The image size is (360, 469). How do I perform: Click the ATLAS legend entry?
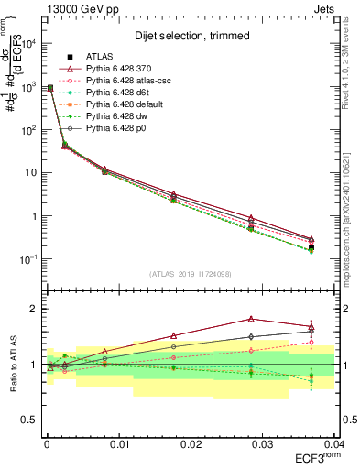pyautogui.click(x=100, y=55)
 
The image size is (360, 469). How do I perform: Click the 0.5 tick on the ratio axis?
pyautogui.click(x=30, y=420)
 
